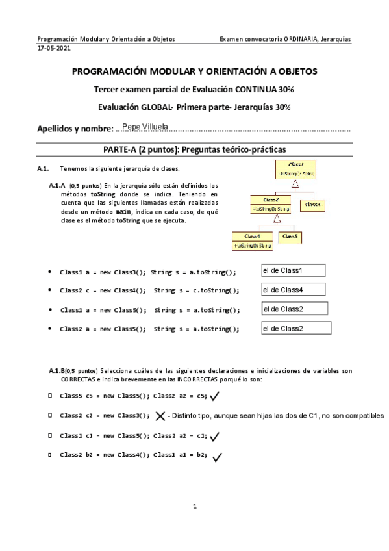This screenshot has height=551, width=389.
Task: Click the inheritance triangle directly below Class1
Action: pyautogui.click(x=295, y=184)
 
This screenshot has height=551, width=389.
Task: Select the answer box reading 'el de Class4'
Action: pyautogui.click(x=292, y=289)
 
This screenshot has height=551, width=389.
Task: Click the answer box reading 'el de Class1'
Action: pyautogui.click(x=292, y=270)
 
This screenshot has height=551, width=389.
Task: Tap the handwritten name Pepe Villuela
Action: pyautogui.click(x=144, y=125)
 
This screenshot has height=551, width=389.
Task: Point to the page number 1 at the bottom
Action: pyautogui.click(x=194, y=506)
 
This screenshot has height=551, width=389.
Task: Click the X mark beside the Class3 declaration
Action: pyautogui.click(x=160, y=416)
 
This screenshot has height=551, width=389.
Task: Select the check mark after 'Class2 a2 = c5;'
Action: pyautogui.click(x=215, y=395)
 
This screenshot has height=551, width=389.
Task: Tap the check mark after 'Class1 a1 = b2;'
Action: pyautogui.click(x=217, y=456)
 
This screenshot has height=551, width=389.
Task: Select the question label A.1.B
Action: pyautogui.click(x=56, y=371)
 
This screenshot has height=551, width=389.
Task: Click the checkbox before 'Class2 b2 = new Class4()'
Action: pyautogui.click(x=50, y=455)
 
